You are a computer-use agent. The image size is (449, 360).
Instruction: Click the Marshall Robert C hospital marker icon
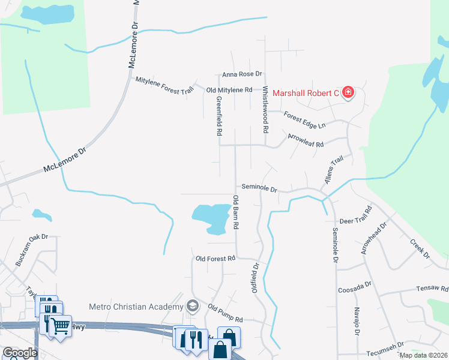[348, 93]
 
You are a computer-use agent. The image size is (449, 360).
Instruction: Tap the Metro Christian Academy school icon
[193, 307]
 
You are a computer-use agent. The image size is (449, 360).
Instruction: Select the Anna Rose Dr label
[243, 74]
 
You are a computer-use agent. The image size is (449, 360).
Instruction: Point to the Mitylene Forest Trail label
[165, 85]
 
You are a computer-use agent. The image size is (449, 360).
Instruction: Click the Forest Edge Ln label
[304, 121]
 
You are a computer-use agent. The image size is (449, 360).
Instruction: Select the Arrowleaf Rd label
[306, 140]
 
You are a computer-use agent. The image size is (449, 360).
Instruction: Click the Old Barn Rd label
[236, 211]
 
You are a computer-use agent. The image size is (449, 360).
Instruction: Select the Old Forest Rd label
[215, 259]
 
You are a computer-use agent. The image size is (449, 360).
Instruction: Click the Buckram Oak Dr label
[31, 250]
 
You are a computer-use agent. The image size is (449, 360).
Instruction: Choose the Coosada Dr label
[356, 286]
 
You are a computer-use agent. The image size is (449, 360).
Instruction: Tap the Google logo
[19, 353]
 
